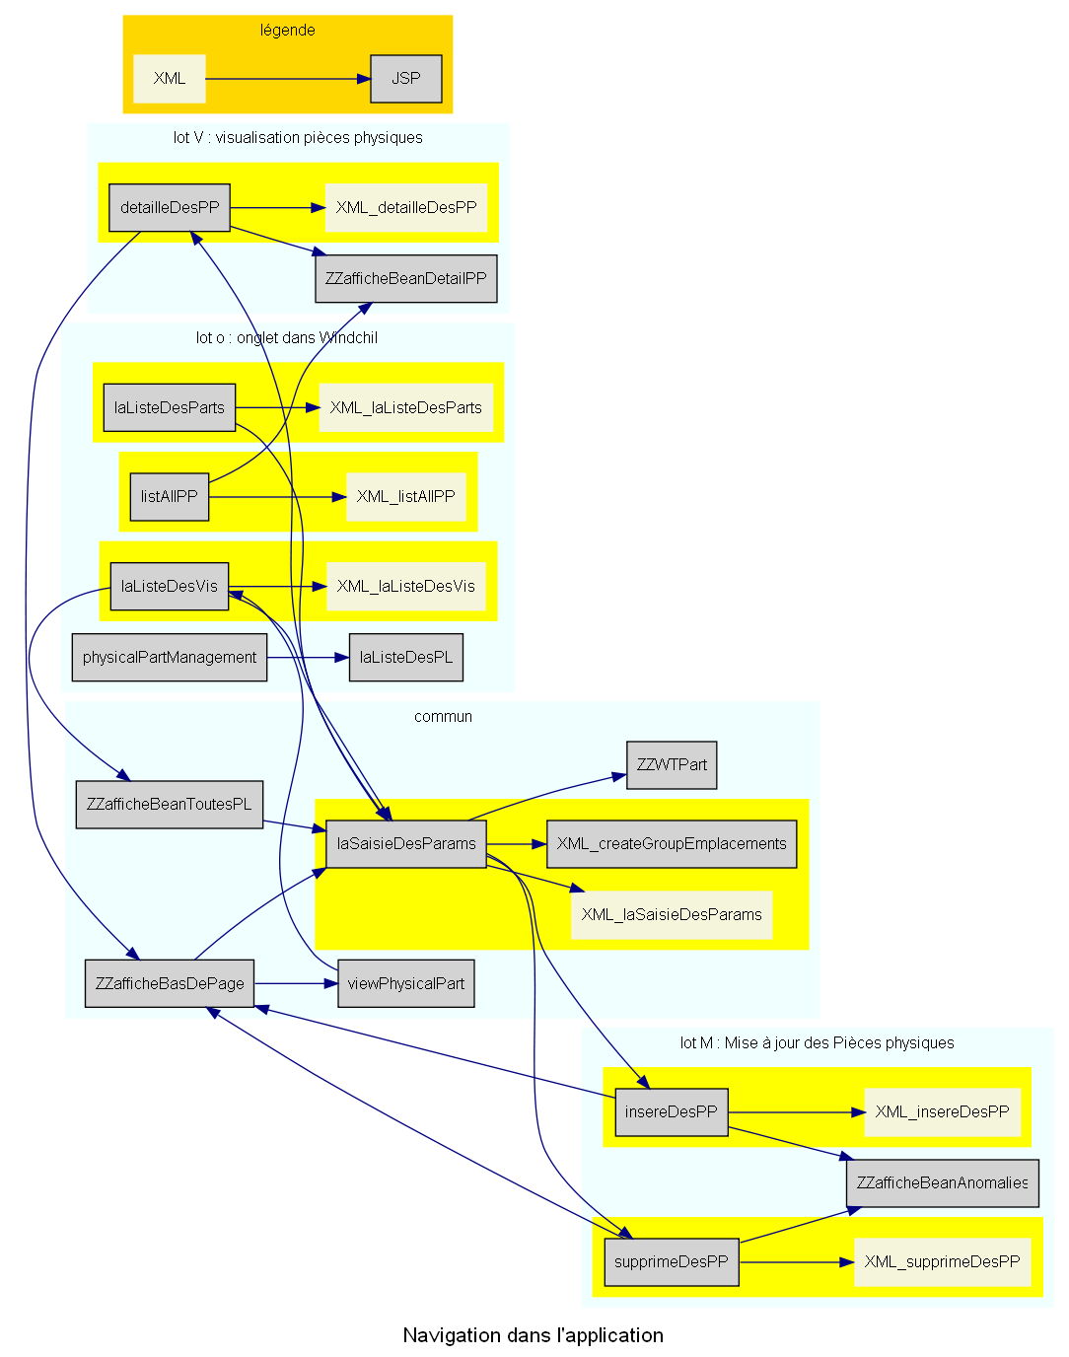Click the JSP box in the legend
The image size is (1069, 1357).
coord(405,79)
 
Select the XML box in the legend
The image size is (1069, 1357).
coord(170,79)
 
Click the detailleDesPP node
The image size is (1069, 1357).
coord(170,208)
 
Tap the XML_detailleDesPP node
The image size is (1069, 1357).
coord(405,208)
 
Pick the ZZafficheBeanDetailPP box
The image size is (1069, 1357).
coord(405,279)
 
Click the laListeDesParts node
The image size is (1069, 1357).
coord(170,408)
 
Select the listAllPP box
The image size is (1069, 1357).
coord(170,497)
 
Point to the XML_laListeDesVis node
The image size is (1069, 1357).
coord(405,587)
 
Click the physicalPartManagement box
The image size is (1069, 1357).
coord(170,658)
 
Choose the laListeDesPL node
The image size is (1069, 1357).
coord(405,658)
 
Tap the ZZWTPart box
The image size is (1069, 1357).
coord(672,765)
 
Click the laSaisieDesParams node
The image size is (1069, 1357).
coord(406,844)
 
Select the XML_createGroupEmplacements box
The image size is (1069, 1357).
coord(672,844)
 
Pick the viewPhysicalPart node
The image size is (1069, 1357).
coord(405,984)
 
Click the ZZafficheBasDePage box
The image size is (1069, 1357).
coord(170,984)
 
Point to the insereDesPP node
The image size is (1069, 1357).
coord(672,1112)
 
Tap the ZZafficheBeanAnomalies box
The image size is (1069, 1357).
coord(942,1183)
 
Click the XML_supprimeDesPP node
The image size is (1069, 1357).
coord(942,1262)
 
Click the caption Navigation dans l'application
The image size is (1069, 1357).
coord(533,1336)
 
